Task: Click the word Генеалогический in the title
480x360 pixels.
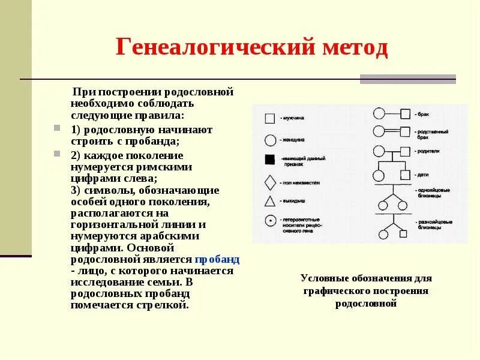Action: click(x=202, y=48)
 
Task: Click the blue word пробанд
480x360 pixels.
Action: click(x=217, y=260)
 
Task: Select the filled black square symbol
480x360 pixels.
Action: click(x=270, y=159)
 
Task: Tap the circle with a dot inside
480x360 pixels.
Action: click(x=270, y=221)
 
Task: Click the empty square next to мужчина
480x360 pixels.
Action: click(x=270, y=119)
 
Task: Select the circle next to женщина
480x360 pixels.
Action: click(x=270, y=140)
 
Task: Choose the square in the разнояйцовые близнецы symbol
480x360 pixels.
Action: click(x=405, y=233)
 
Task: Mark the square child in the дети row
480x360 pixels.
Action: click(x=406, y=175)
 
